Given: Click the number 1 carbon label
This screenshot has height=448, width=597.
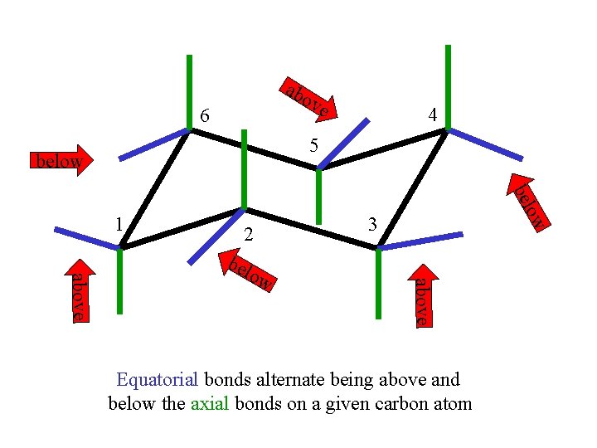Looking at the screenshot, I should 120,223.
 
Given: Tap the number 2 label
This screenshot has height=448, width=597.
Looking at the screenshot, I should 248,235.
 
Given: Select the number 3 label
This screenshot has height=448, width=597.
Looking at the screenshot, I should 373,223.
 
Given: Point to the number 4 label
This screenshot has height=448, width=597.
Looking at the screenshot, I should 432,115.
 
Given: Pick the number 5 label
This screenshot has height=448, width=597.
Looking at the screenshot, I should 313,146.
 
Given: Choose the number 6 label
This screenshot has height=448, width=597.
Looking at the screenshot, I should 204,117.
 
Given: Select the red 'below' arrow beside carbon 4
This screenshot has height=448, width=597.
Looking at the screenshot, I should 528,202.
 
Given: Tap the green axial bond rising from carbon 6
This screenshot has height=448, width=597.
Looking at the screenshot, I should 190,91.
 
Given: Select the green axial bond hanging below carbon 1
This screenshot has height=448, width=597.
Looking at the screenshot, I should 120,281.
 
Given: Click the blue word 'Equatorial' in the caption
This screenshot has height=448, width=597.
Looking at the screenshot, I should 158,380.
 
